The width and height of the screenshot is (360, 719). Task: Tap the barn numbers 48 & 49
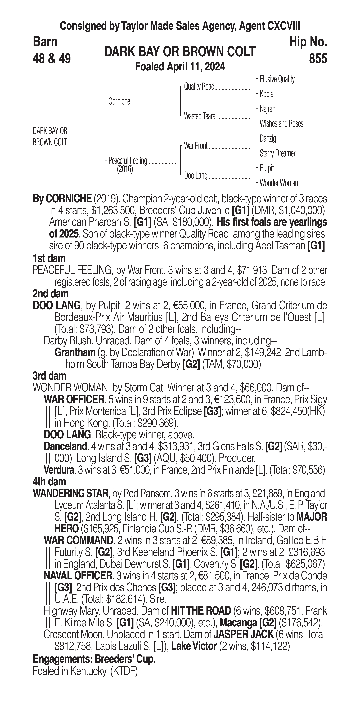coord(52,59)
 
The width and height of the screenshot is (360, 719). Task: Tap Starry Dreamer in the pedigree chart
coord(277,153)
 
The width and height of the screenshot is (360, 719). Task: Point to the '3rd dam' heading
coord(49,376)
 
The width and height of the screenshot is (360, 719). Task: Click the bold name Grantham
coord(75,353)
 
